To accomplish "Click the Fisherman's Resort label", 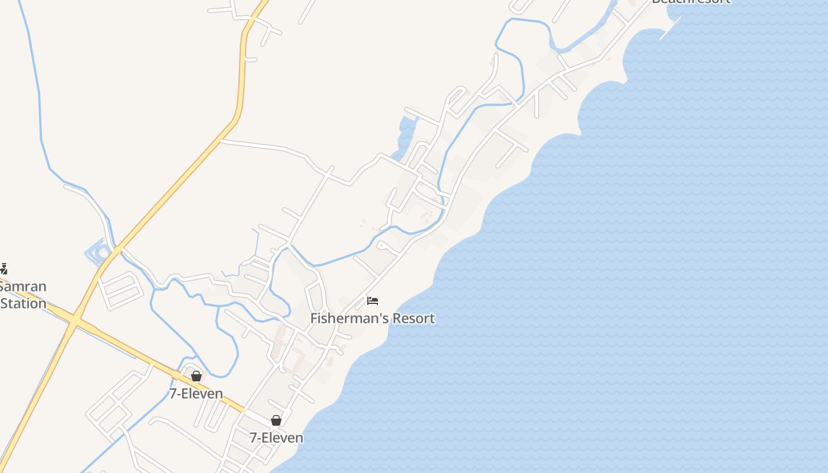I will (372, 318).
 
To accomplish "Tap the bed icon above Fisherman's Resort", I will (372, 301).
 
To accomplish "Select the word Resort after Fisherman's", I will (413, 318).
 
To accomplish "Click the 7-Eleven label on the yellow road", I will (196, 394).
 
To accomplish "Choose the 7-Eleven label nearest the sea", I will (276, 438).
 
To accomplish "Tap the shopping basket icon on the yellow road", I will (196, 376).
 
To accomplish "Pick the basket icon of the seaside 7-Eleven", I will (276, 420).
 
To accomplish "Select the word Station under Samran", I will (23, 304).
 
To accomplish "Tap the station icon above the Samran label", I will (3, 269).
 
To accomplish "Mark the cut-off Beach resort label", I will (691, 2).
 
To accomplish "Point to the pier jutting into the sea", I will (670, 28).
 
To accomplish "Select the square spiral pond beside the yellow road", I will (99, 253).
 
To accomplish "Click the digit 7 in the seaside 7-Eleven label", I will (253, 438).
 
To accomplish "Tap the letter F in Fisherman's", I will (314, 318).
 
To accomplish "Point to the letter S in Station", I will (5, 304).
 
